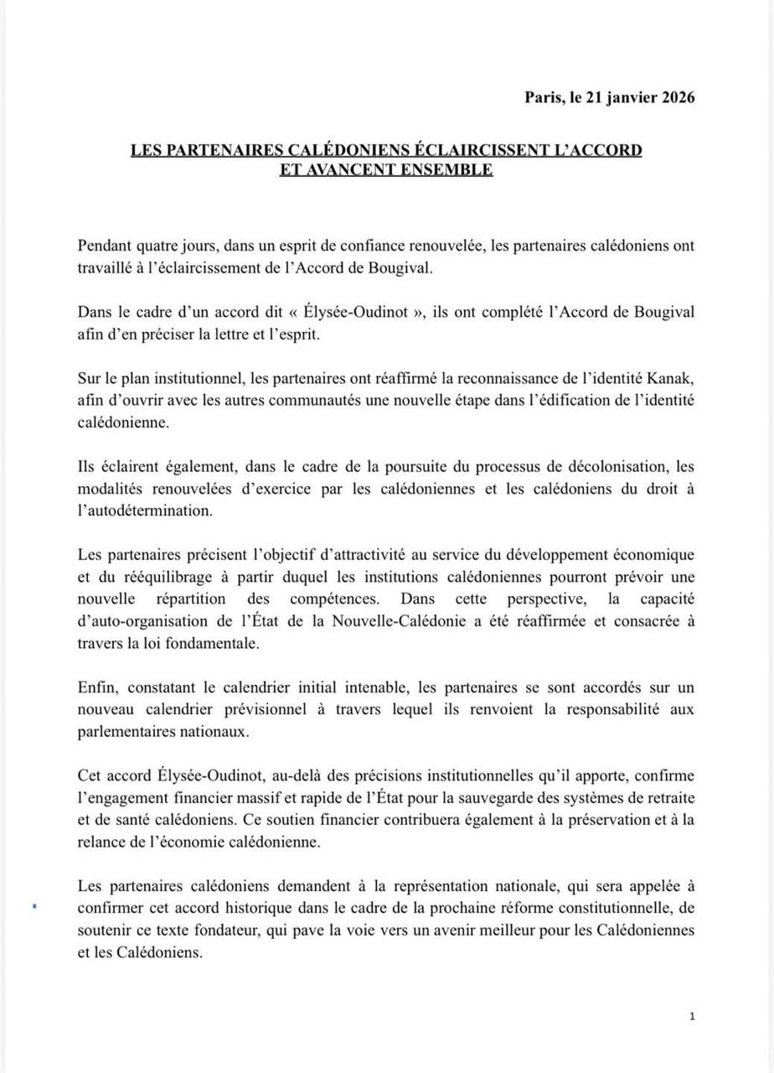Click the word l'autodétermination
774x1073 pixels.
[x=143, y=510]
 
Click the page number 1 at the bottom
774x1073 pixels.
[x=692, y=1017]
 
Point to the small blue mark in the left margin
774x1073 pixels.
[x=33, y=906]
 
